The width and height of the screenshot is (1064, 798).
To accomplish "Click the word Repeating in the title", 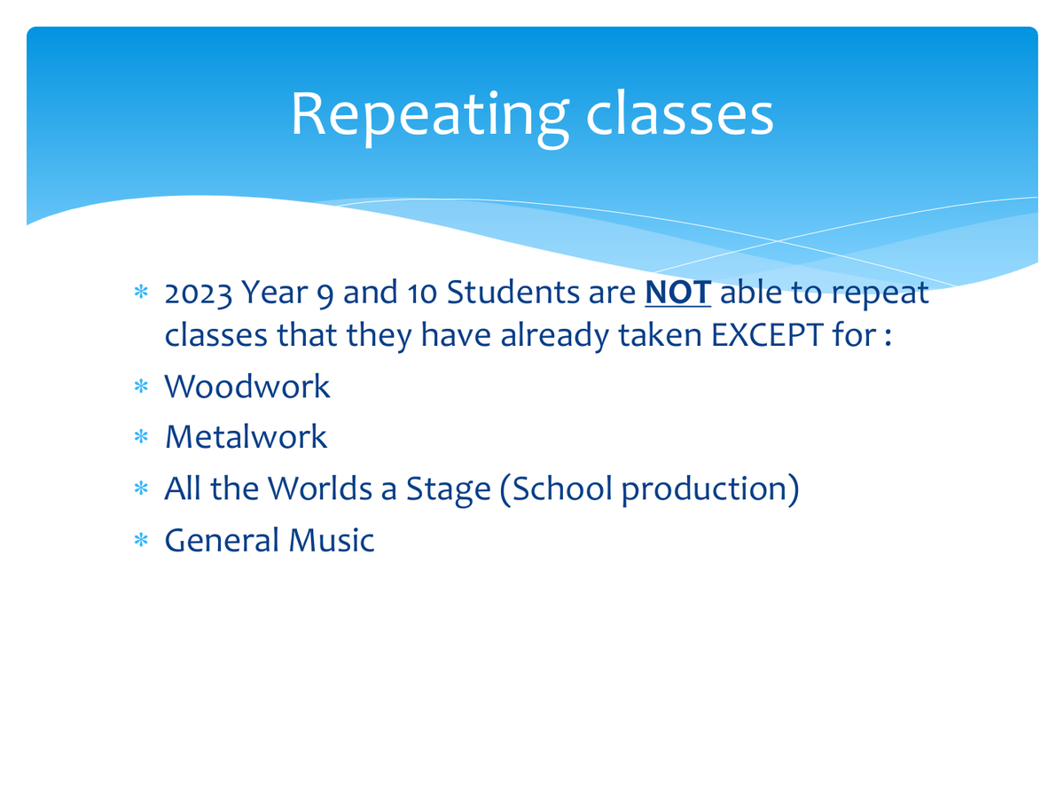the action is [x=429, y=116].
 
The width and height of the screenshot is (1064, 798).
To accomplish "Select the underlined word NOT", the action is [x=677, y=293].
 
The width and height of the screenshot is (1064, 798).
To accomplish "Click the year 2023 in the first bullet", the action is [x=199, y=293].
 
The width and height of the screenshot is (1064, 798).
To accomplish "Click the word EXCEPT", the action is [x=767, y=335].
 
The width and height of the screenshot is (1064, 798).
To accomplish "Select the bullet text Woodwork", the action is [x=247, y=387].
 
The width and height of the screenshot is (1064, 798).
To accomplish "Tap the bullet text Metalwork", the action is [x=246, y=436].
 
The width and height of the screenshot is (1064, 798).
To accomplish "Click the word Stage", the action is [x=448, y=489].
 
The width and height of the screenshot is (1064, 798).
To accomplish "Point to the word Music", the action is [x=332, y=540].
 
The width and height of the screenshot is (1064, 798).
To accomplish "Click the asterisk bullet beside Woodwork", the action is [x=141, y=387].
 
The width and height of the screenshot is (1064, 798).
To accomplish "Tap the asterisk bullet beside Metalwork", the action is [x=141, y=437].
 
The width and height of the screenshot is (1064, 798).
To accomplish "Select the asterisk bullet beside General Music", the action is [x=141, y=540].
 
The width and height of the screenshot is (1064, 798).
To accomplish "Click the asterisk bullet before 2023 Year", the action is [x=141, y=293].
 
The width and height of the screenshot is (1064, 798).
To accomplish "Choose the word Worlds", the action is [x=320, y=488].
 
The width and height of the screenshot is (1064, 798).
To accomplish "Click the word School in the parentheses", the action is [x=562, y=488].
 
